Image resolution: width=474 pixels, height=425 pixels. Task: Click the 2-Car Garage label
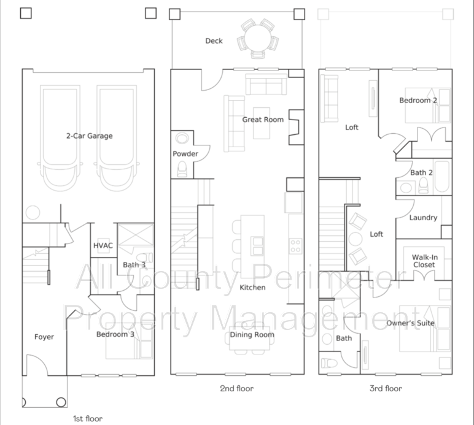(90, 136)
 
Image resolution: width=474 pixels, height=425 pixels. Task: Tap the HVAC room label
(103, 245)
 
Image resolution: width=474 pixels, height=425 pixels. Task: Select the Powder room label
(185, 154)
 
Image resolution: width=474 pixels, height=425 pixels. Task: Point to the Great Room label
(263, 120)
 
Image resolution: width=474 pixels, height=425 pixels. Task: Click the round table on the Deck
(257, 38)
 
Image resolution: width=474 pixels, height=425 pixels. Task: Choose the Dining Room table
(249, 338)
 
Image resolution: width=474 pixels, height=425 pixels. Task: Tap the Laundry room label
(423, 218)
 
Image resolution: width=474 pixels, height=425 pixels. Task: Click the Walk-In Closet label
(424, 261)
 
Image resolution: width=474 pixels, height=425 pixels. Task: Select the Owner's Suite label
(411, 323)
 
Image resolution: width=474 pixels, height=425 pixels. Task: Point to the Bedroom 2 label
(418, 100)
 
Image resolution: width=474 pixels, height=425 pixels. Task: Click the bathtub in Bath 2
(441, 177)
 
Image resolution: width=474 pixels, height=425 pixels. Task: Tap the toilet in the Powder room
(182, 169)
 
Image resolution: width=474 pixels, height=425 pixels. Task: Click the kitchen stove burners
(295, 246)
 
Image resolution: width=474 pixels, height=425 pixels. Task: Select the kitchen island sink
(257, 246)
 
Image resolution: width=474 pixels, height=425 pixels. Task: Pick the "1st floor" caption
(88, 419)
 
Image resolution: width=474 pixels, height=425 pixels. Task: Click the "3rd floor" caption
(386, 388)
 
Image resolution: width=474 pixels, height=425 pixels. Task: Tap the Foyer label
(44, 337)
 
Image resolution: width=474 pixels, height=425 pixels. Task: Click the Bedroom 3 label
(115, 334)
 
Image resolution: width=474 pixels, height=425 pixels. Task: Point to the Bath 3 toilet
(144, 258)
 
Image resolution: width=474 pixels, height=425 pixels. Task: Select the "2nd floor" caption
(237, 388)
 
